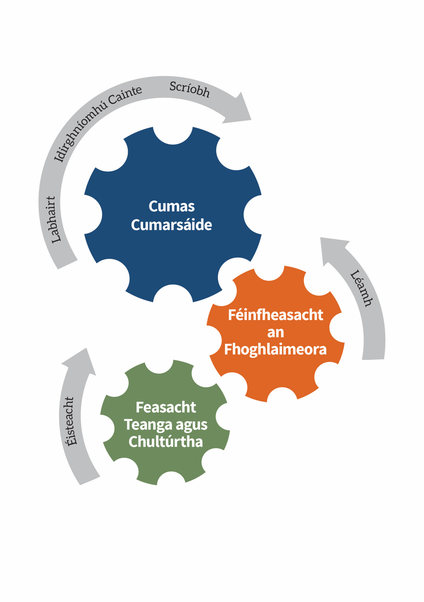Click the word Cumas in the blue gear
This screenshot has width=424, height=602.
(172, 207)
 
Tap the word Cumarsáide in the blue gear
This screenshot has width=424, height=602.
(172, 225)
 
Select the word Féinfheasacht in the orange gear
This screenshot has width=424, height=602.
(275, 315)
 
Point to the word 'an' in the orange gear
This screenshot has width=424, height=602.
(275, 333)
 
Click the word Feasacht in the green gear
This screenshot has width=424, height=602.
(166, 407)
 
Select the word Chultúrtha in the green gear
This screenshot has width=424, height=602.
(166, 442)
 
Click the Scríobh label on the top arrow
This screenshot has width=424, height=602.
(190, 90)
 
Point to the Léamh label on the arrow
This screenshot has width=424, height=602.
(361, 289)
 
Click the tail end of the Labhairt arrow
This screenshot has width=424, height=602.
(68, 264)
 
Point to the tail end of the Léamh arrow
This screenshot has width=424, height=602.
(373, 360)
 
